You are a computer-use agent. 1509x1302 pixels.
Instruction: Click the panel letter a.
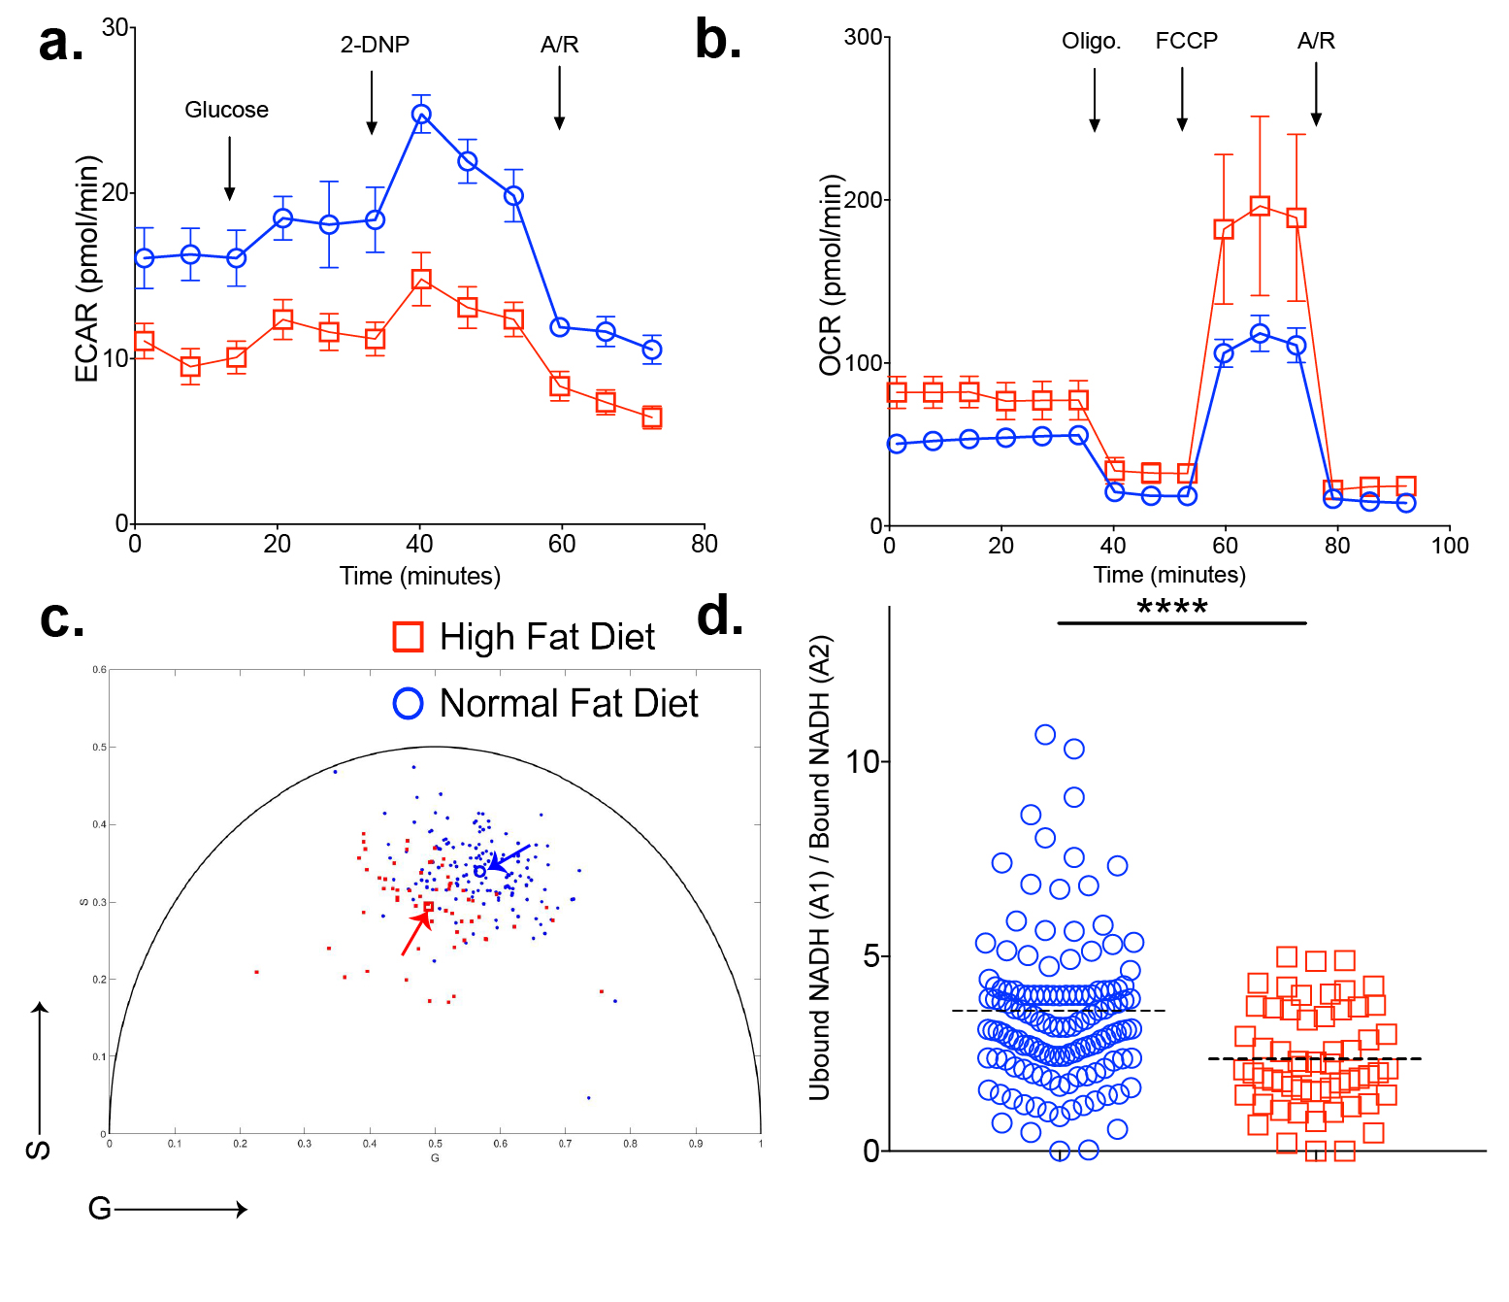click(60, 45)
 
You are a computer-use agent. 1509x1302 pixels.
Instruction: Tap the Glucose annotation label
click(226, 110)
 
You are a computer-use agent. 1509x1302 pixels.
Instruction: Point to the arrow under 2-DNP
click(372, 102)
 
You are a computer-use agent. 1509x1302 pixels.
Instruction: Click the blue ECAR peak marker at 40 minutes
click(421, 114)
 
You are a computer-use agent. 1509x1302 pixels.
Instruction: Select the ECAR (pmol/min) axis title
click(87, 269)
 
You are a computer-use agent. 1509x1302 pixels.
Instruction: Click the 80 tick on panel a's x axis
click(705, 545)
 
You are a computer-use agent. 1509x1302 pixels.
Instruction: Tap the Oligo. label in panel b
click(1091, 42)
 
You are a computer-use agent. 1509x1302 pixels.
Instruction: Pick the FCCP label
click(1186, 41)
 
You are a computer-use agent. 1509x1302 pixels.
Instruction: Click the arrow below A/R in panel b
click(1316, 94)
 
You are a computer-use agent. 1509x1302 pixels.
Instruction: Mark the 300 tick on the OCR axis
click(863, 38)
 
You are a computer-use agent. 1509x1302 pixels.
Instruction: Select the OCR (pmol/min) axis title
click(832, 276)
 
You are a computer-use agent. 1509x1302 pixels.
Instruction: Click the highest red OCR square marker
click(1260, 206)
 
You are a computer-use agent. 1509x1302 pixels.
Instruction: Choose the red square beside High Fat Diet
click(408, 637)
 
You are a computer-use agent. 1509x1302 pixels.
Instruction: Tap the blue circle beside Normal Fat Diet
click(408, 703)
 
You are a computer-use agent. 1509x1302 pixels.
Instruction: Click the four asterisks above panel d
click(1172, 609)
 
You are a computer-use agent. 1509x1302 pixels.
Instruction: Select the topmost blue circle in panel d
click(1045, 734)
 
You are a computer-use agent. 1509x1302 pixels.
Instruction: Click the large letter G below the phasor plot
click(99, 1209)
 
